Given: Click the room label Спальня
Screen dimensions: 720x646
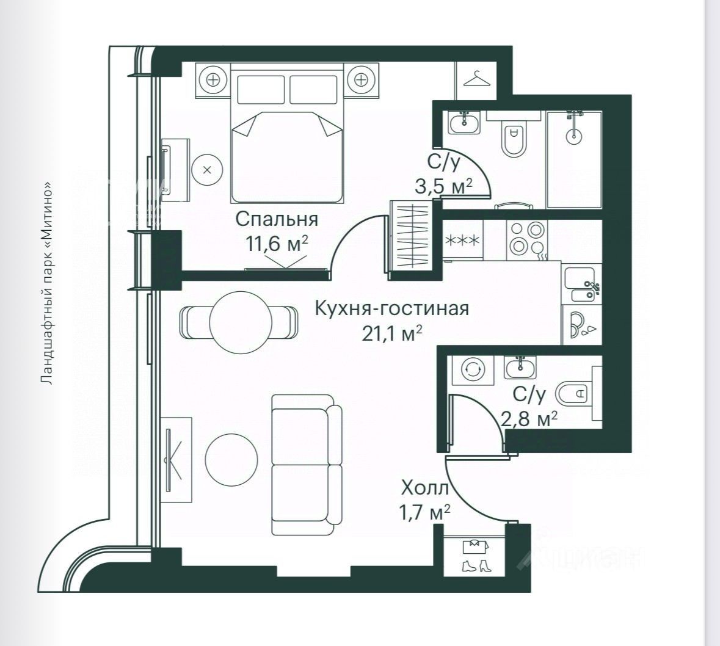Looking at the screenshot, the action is pyautogui.click(x=277, y=219).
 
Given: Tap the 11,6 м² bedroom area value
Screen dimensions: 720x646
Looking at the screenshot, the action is pyautogui.click(x=277, y=244).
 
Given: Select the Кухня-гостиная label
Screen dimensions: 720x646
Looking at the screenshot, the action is pyautogui.click(x=391, y=308).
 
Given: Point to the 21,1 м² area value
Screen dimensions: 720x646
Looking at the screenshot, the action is pyautogui.click(x=391, y=333).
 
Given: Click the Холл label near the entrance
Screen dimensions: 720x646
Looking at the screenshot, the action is pyautogui.click(x=425, y=488).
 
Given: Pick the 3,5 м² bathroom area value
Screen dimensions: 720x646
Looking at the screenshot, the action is pyautogui.click(x=443, y=187).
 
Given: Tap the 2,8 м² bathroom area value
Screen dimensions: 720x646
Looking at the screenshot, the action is pyautogui.click(x=529, y=418).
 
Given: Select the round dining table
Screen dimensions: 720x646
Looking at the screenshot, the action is pyautogui.click(x=239, y=323).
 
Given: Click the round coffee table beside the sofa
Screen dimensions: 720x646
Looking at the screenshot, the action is pyautogui.click(x=231, y=459).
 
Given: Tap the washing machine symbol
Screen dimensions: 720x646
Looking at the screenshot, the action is pyautogui.click(x=473, y=369).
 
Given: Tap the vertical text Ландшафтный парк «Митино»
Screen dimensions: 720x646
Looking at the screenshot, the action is pyautogui.click(x=46, y=283).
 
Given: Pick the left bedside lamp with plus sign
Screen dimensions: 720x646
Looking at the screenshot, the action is pyautogui.click(x=213, y=81).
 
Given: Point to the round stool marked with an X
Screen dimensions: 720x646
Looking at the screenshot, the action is pyautogui.click(x=207, y=170).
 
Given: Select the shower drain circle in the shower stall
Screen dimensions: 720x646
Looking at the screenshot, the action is pyautogui.click(x=573, y=136).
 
